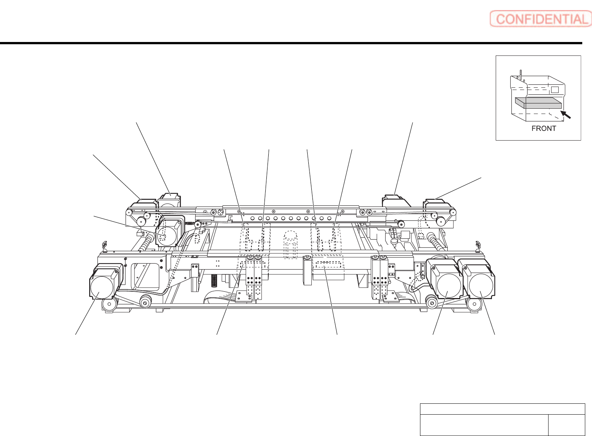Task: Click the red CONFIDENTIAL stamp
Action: tap(541, 19)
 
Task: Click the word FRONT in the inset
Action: tap(544, 129)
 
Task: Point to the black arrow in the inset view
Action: tap(565, 114)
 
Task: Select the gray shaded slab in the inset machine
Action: tap(538, 103)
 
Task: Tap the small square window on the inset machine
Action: tap(555, 90)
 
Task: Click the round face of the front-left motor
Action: tap(102, 288)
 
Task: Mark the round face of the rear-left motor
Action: tap(166, 236)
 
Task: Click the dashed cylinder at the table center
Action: tap(290, 245)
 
